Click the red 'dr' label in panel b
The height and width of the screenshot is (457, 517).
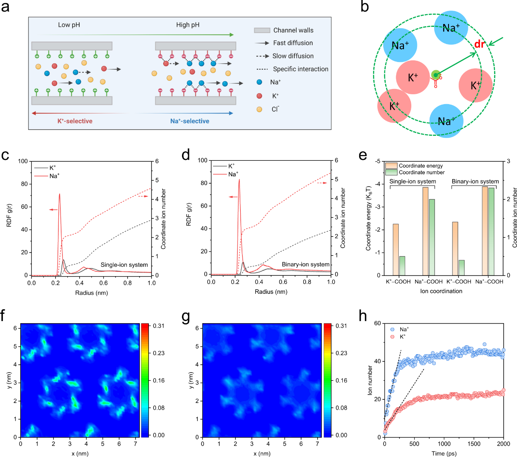coord(479,44)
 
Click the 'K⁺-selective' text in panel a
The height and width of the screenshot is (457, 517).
coord(75,121)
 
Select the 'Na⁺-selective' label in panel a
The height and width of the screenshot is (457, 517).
coord(190,121)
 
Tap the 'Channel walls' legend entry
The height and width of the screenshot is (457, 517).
coord(293,30)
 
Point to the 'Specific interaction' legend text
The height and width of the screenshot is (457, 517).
coord(300,69)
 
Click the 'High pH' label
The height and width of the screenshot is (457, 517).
coord(188,25)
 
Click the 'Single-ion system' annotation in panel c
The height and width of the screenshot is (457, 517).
coord(124,265)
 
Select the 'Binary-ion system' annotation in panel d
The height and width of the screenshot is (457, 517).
coord(305,264)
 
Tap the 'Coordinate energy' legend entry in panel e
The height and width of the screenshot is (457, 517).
coord(420,166)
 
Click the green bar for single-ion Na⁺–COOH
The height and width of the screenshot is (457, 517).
coord(432,237)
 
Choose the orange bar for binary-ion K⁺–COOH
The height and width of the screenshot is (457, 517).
coord(455,248)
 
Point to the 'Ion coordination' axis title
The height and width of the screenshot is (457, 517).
coord(441,291)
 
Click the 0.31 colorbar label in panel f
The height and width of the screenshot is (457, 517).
coord(159,326)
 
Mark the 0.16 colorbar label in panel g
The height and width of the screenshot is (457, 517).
coord(341,380)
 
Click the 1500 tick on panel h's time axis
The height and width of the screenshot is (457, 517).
coord(474,444)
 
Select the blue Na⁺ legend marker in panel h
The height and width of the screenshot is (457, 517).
coord(393,329)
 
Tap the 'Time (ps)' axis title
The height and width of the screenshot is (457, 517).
coord(444,453)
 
